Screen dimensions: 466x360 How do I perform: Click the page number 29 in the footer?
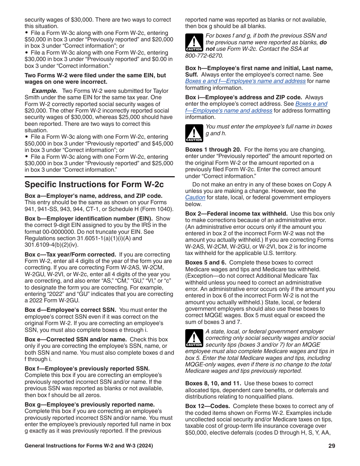tap(332, 446)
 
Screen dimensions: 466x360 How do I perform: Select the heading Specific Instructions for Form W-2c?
tap(94, 185)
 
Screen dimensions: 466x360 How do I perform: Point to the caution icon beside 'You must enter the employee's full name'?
tap(194, 134)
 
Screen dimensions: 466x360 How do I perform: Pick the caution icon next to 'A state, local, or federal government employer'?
tap(194, 338)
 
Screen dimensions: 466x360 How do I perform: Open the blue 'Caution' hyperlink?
tap(195, 197)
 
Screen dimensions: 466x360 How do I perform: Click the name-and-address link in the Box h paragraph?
tap(245, 81)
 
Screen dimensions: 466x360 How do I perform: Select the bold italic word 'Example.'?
tap(44, 91)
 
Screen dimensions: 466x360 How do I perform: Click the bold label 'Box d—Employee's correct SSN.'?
tap(70, 310)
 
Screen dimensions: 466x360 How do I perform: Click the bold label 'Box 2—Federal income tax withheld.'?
tap(236, 214)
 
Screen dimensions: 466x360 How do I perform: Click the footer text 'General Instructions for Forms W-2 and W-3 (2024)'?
tap(89, 446)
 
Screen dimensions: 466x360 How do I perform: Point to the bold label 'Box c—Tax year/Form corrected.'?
tap(70, 255)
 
